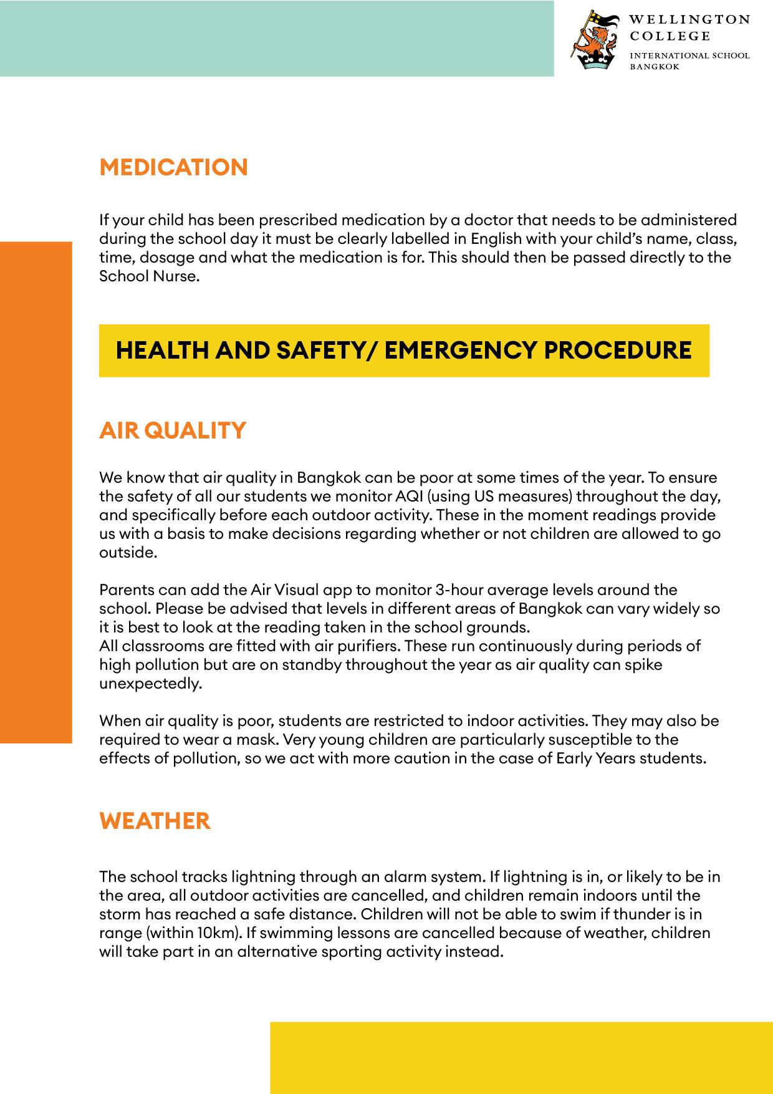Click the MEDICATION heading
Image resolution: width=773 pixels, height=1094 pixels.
point(173,167)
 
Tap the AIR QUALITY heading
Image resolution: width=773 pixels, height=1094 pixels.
point(173,430)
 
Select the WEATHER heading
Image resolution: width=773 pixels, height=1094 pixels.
point(155,821)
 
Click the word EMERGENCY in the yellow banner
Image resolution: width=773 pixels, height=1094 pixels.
point(460,350)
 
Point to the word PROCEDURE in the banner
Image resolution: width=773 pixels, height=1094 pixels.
point(618,350)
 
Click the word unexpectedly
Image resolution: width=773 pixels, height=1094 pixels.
point(151,684)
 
